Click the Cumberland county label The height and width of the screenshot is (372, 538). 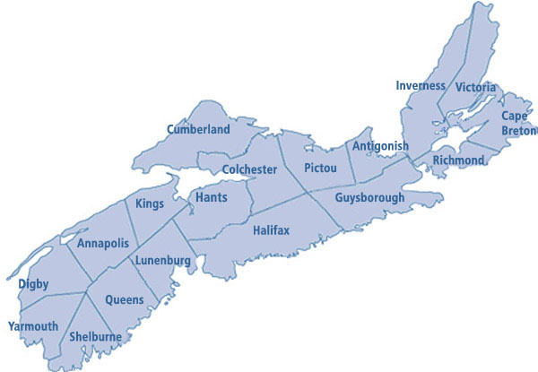[198, 129]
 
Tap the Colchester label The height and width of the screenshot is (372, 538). [250, 169]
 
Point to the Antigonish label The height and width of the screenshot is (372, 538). [380, 146]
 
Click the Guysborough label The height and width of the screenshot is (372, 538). [369, 197]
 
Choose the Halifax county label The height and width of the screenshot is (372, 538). [271, 230]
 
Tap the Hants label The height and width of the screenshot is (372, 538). [211, 196]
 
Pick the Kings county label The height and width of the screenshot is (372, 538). [150, 203]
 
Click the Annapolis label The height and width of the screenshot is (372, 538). [103, 244]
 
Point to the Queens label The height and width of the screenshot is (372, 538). [124, 299]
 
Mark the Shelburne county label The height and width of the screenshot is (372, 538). [95, 337]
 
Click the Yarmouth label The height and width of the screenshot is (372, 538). [32, 325]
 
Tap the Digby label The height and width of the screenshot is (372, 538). [33, 284]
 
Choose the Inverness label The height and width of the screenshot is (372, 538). [421, 85]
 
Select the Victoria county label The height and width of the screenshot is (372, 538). [475, 87]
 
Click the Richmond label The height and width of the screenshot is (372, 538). [458, 160]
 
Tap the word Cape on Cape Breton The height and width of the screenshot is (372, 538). [515, 117]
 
